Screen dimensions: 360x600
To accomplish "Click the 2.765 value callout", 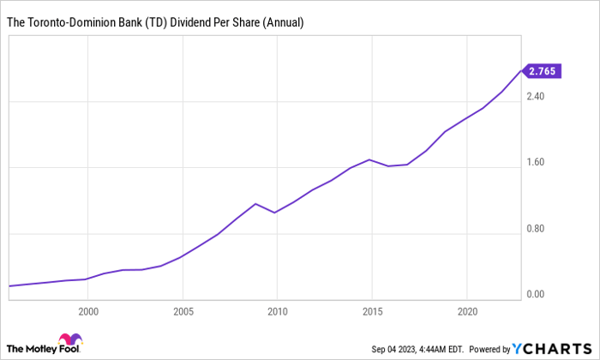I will [x=543, y=72].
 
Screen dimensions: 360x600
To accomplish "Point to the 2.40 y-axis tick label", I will [x=536, y=97].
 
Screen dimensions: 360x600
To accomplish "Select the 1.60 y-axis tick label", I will [x=536, y=163].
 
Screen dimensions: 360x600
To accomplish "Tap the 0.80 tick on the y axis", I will [x=536, y=229].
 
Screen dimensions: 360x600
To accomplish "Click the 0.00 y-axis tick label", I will [x=536, y=295].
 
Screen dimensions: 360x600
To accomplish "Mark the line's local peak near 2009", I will [x=255, y=204].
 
